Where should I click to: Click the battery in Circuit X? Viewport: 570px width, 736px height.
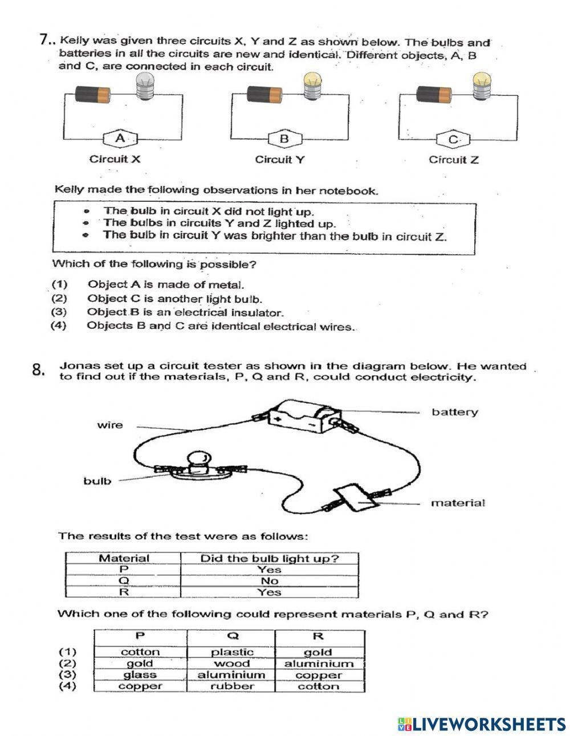coord(93,93)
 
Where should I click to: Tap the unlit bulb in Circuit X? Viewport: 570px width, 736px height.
coord(144,88)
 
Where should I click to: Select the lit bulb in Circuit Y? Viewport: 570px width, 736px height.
coord(312,87)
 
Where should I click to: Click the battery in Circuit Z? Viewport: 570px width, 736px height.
coord(434,93)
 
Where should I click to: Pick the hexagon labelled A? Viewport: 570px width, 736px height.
coord(120,138)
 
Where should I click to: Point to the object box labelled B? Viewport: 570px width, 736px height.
coord(284,139)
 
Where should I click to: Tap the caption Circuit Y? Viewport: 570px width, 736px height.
coord(279,160)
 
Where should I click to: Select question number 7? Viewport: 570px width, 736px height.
coord(47,39)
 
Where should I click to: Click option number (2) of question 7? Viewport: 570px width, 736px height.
coord(59,298)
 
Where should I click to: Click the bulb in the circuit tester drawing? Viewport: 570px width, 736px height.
coord(198,461)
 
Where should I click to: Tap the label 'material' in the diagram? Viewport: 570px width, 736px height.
coord(458,503)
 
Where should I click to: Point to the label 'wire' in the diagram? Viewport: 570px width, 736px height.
coord(109,425)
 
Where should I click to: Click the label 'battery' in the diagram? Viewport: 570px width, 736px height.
coord(454,412)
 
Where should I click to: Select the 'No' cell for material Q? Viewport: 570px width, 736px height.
coord(269,581)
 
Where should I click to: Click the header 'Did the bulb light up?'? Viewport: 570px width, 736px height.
coord(269,558)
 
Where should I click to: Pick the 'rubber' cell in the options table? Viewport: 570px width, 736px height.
coord(232,686)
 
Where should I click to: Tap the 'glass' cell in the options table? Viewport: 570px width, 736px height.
coord(140,674)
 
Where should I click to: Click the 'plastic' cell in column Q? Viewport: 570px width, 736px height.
coord(232,652)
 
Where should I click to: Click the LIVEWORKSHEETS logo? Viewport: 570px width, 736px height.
coord(482,723)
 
